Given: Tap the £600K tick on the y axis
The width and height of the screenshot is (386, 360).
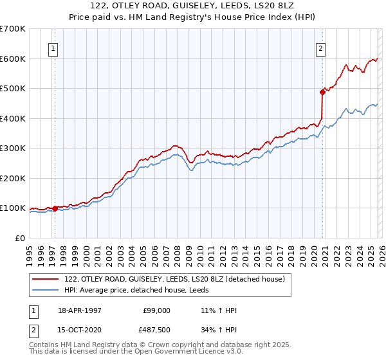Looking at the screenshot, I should (13, 59).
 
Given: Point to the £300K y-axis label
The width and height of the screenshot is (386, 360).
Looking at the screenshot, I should (13, 148).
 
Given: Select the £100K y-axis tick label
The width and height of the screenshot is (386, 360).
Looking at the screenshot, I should (13, 208).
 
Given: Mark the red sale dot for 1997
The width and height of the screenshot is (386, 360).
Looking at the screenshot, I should (55, 208).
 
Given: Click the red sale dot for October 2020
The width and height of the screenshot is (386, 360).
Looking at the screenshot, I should (322, 92).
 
